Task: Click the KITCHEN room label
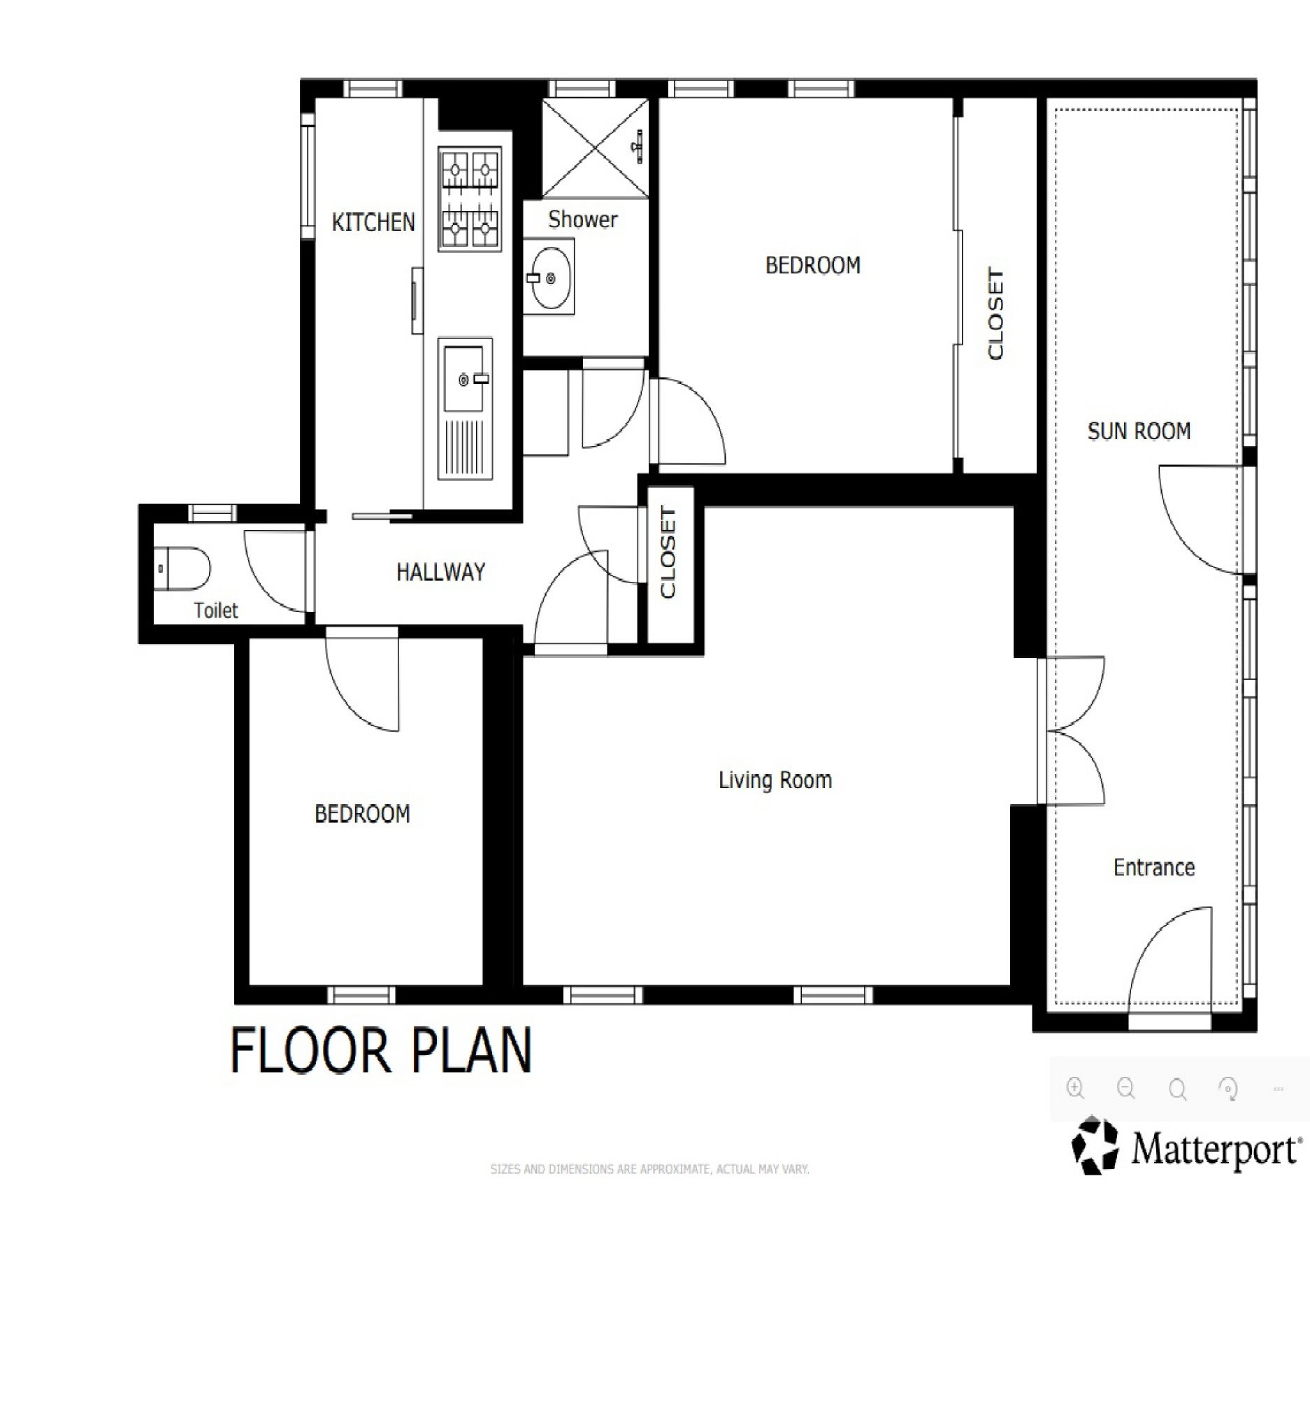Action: pos(373,222)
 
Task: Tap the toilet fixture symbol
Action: pos(182,568)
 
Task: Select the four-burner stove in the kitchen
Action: pos(469,199)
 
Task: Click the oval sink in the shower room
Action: pos(551,277)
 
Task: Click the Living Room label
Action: pos(775,780)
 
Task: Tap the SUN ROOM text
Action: pos(1139,431)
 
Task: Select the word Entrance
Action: pos(1154,866)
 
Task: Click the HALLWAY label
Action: pos(440,571)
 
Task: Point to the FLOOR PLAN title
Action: pos(381,1050)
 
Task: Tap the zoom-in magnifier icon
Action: pos(1075,1088)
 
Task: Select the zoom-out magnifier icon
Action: pos(1125,1088)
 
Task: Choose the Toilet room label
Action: pos(215,610)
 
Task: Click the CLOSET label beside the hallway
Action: pos(668,552)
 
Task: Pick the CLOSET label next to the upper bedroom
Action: pos(995,313)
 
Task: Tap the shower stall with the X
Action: pos(596,148)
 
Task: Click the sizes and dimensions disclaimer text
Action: pos(649,1169)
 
